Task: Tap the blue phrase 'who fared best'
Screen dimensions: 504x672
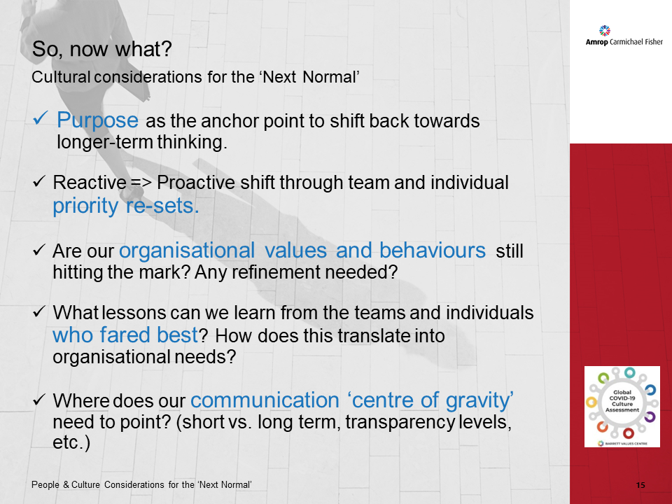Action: (125, 335)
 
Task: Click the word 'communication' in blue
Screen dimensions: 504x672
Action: (265, 400)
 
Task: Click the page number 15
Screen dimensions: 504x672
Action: (640, 485)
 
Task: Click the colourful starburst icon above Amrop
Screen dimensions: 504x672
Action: (605, 30)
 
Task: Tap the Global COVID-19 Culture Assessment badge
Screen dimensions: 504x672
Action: (622, 406)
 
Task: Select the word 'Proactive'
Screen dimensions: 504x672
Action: (191, 183)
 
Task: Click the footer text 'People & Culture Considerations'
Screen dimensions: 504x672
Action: (101, 485)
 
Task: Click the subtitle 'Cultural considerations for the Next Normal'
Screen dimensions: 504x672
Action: (196, 77)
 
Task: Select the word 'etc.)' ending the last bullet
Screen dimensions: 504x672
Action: (71, 444)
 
